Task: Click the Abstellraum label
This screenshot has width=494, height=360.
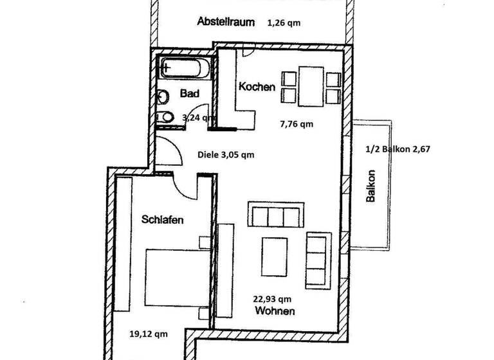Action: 223,21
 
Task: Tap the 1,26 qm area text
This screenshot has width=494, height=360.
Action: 284,22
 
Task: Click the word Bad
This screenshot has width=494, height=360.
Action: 189,94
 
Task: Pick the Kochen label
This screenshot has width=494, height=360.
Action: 257,87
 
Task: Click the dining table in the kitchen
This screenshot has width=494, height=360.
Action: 311,88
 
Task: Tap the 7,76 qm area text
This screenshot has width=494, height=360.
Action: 297,124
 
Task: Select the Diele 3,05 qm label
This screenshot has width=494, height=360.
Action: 225,154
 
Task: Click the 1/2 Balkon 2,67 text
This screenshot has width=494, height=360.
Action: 397,149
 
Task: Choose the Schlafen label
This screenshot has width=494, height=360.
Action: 162,220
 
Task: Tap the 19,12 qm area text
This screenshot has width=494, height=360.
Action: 149,334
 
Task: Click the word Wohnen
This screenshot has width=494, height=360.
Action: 275,311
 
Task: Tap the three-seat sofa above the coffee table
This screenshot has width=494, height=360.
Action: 275,215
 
